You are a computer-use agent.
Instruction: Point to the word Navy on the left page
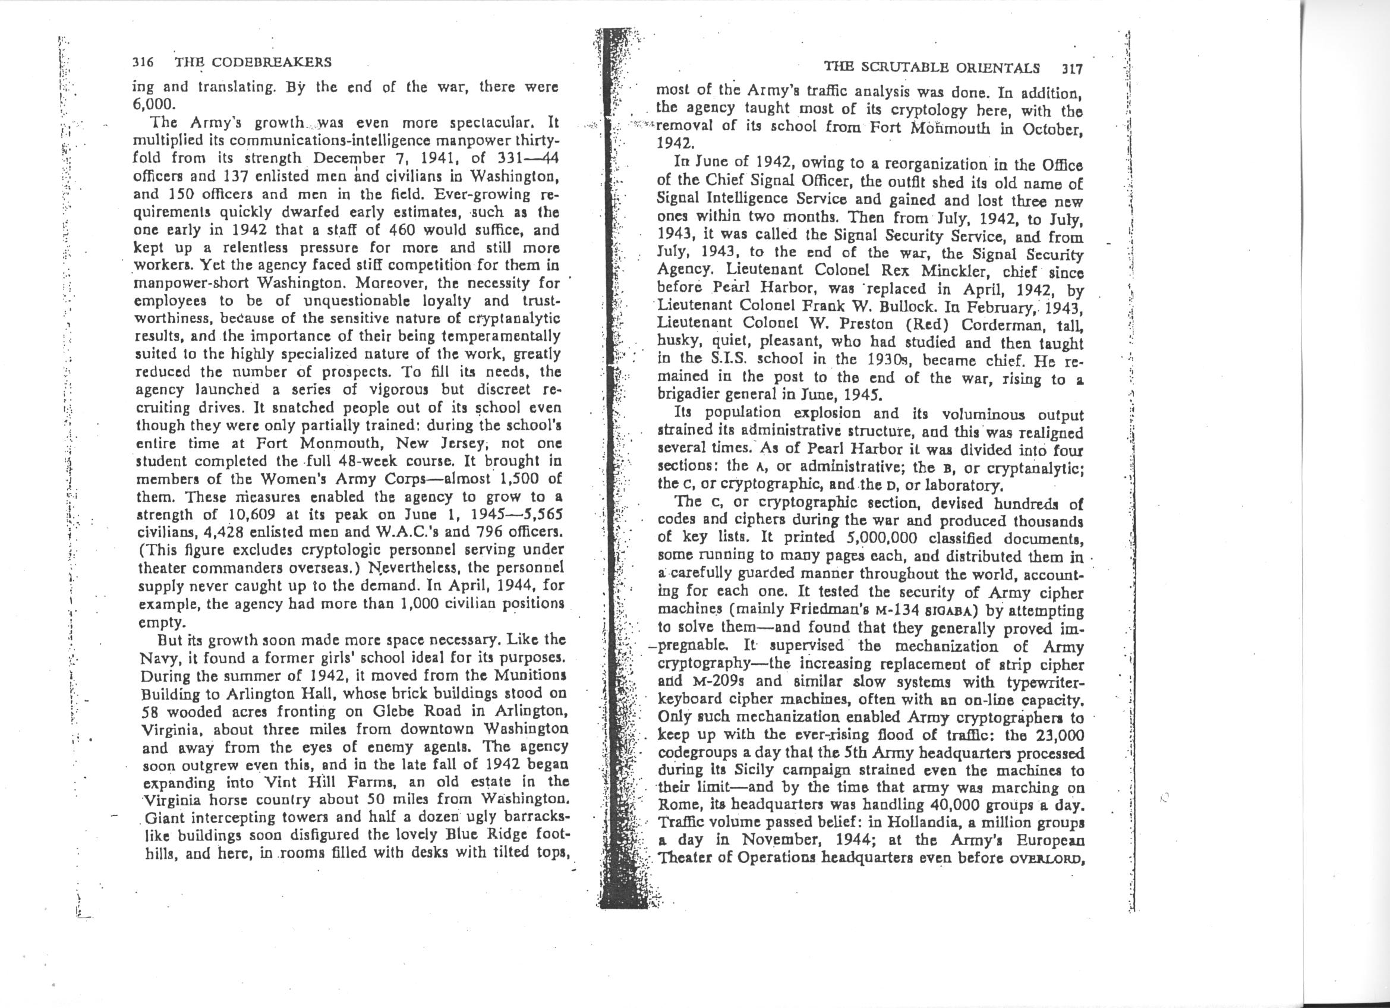(x=156, y=658)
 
